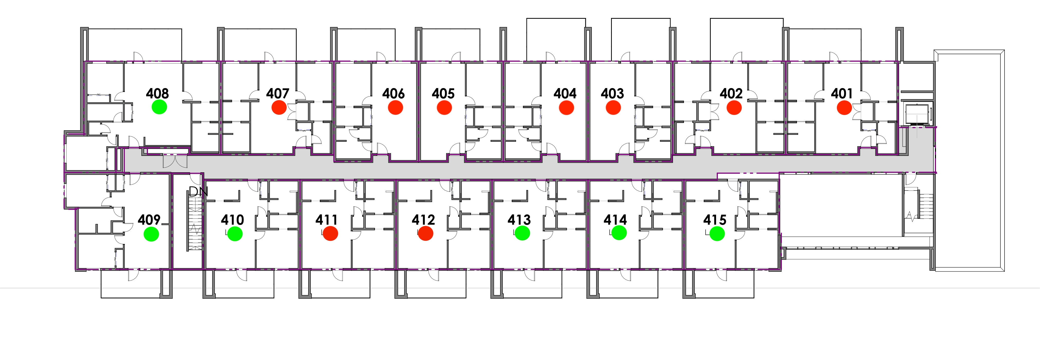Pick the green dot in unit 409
[151, 234]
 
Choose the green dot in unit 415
[717, 234]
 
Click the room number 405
[443, 94]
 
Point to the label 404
[565, 94]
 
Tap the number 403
[612, 94]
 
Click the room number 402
[731, 94]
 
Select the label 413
[519, 220]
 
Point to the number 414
[615, 220]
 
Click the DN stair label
[198, 192]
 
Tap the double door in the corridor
[175, 162]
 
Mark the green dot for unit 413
[522, 233]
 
